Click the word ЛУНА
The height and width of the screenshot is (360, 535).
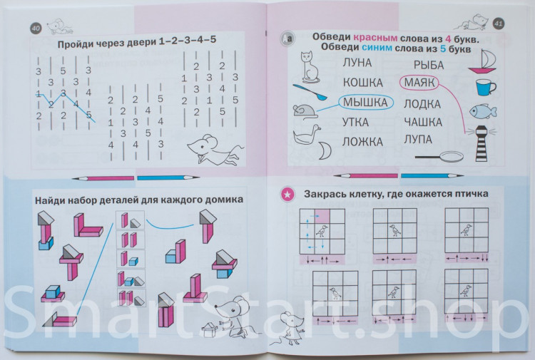pos(357,63)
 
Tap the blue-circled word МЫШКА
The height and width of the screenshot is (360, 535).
pos(365,103)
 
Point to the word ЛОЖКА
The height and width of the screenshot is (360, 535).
pos(362,142)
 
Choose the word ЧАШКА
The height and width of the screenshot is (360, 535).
pos(423,122)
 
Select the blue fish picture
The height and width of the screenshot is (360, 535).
pos(483,110)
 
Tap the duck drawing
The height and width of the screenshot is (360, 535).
pos(305,134)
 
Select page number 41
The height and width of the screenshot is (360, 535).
pos(499,24)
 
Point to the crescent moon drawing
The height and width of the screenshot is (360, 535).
pos(325,149)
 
